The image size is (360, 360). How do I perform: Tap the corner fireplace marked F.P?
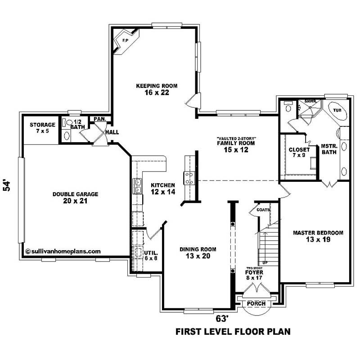click(x=126, y=41)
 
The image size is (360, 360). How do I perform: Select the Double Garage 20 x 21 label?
click(x=75, y=198)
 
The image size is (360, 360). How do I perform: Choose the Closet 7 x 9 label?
click(x=299, y=153)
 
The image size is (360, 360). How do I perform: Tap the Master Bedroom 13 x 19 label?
click(x=318, y=236)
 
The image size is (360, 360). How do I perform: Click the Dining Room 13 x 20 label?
click(x=198, y=252)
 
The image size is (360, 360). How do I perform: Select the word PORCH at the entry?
click(x=256, y=304)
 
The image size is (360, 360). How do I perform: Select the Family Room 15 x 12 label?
click(x=236, y=146)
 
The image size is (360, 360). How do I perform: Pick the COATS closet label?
click(x=263, y=210)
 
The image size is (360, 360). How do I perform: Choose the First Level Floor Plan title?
click(x=232, y=332)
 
